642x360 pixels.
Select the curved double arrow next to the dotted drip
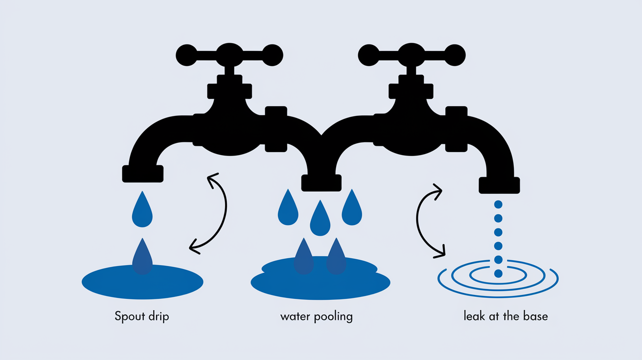point(417,221)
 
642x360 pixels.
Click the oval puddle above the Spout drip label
point(142,282)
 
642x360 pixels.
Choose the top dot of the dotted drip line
point(498,204)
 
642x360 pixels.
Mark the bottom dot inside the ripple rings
point(498,273)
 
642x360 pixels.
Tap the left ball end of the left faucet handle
point(186,55)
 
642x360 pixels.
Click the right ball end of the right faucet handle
point(455,55)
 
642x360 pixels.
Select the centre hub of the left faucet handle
point(229,55)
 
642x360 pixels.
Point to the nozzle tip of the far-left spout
point(143,174)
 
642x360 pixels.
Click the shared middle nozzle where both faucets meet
point(321,183)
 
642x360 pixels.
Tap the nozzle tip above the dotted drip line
point(499,185)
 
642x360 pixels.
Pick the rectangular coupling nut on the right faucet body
point(456,129)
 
